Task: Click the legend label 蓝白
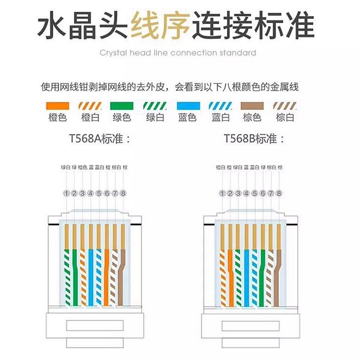pyautogui.click(x=220, y=118)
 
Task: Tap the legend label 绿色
pyautogui.click(x=121, y=118)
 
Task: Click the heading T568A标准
pyautogui.click(x=99, y=139)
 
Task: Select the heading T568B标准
pyautogui.click(x=254, y=139)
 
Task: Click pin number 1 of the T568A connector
pyautogui.click(x=66, y=193)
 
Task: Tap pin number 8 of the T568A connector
pyautogui.click(x=123, y=193)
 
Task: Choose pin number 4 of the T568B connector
pyautogui.click(x=246, y=193)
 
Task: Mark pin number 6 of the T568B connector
pyautogui.click(x=263, y=193)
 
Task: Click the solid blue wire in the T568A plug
pyautogui.click(x=91, y=274)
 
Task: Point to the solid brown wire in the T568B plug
pyautogui.click(x=279, y=274)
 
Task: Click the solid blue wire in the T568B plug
pyautogui.click(x=246, y=274)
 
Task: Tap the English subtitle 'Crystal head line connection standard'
pyautogui.click(x=178, y=53)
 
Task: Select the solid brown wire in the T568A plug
pyautogui.click(x=123, y=274)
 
